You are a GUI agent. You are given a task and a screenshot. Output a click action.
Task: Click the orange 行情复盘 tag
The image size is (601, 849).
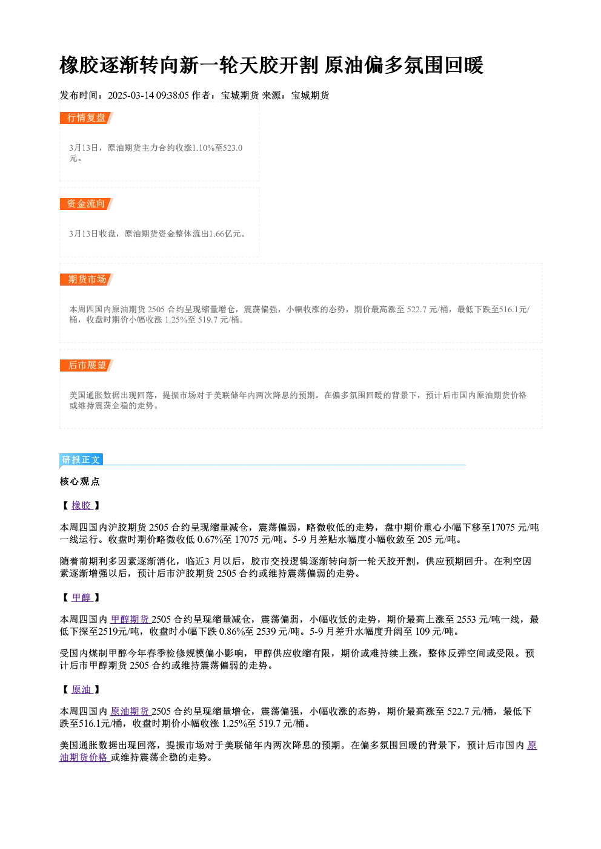[86, 118]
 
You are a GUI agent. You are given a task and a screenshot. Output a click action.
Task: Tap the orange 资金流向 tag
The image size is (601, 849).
[86, 204]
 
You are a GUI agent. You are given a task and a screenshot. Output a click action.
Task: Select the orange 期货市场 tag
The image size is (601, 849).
[86, 280]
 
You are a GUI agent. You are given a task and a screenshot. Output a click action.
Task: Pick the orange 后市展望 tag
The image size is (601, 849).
[86, 365]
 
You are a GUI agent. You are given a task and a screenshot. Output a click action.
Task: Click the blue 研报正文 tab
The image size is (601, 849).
[81, 459]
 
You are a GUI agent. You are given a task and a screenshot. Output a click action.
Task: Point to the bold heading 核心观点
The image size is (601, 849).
[80, 482]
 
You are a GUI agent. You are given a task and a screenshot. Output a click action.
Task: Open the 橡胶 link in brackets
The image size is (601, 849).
[82, 505]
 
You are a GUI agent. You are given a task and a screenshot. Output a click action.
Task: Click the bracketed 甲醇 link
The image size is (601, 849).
[82, 597]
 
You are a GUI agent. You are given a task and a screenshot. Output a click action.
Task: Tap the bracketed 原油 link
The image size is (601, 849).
[82, 689]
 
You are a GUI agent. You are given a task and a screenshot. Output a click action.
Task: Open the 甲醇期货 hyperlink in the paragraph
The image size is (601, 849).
[130, 619]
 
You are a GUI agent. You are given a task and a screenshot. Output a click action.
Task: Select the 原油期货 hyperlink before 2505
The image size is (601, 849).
[130, 712]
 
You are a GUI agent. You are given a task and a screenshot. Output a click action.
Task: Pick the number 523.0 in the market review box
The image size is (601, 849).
[233, 148]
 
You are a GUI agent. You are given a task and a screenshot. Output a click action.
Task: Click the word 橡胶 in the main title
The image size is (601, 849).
[79, 65]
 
